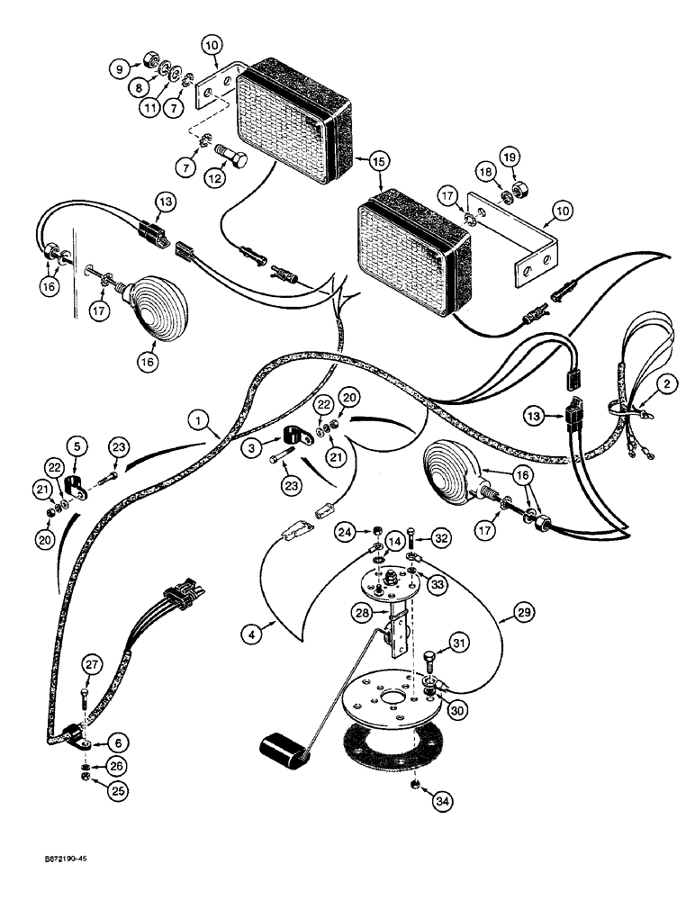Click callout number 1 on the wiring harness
(198, 418)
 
